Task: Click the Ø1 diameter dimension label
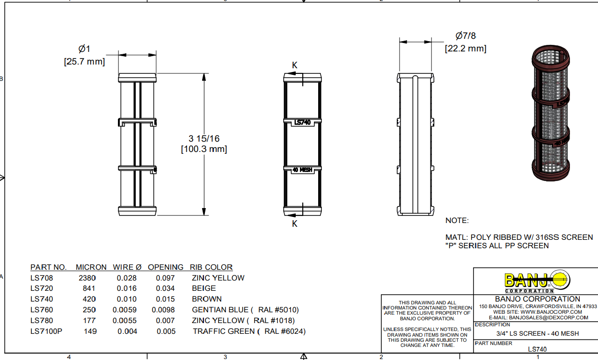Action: click(x=84, y=49)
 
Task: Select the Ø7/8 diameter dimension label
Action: click(x=466, y=36)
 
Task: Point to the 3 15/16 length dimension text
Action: click(x=204, y=139)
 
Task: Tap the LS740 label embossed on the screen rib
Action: click(x=302, y=122)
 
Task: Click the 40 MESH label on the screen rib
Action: click(x=302, y=170)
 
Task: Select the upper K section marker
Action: click(x=294, y=65)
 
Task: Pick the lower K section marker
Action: click(x=294, y=224)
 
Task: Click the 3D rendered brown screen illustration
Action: click(x=550, y=113)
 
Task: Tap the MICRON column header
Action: click(x=91, y=267)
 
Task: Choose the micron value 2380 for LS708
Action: click(x=87, y=278)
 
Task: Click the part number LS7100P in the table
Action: click(x=46, y=331)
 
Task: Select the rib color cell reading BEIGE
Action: click(x=204, y=288)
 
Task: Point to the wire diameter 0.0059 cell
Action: click(x=124, y=310)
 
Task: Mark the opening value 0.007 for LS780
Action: click(x=165, y=321)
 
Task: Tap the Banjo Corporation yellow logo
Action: click(x=537, y=281)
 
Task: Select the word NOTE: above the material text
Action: click(x=457, y=221)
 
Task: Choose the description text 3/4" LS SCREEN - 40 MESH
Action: click(x=537, y=334)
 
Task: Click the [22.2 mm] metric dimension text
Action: click(x=466, y=49)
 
